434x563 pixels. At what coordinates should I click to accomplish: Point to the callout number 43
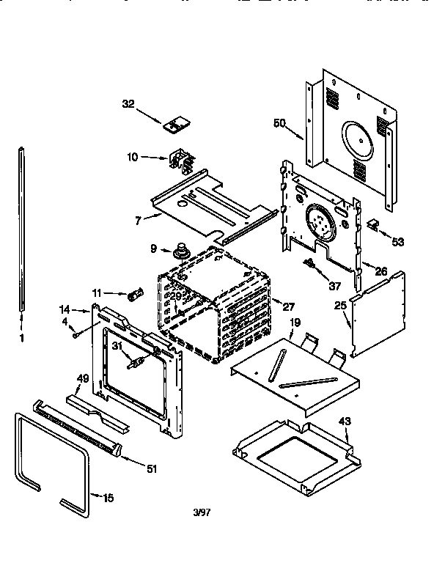tap(344, 421)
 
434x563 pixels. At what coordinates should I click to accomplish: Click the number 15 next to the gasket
tap(108, 498)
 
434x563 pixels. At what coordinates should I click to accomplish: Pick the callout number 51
tap(151, 468)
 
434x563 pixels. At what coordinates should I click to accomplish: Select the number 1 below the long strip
tap(21, 338)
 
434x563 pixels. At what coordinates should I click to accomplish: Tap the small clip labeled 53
tap(372, 224)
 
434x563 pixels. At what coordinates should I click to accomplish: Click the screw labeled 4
tap(76, 335)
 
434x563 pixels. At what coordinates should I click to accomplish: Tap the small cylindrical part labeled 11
tap(134, 296)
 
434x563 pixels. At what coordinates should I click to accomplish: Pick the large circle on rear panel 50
tap(356, 139)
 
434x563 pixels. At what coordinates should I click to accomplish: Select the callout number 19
tap(294, 322)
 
